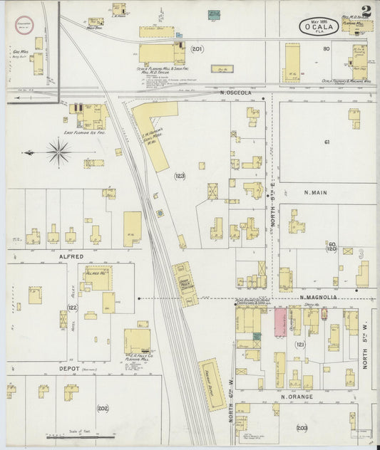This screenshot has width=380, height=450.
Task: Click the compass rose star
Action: (x=58, y=151)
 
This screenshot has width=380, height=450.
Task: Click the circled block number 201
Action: (x=197, y=49)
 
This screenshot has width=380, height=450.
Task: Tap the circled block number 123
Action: (x=180, y=175)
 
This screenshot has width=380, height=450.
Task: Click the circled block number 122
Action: (x=71, y=308)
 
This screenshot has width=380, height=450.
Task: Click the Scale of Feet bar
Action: (x=78, y=435)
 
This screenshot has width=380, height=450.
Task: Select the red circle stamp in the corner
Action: (x=24, y=24)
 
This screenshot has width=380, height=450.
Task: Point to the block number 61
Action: (x=327, y=142)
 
